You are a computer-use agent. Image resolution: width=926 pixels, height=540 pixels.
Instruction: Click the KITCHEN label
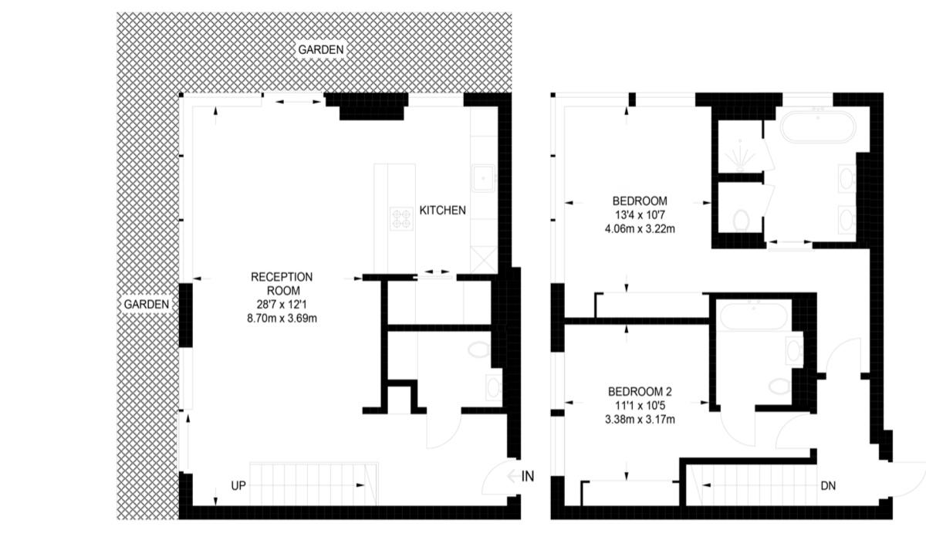pos(442,211)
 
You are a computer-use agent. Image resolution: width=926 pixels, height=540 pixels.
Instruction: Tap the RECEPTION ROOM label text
pos(282,283)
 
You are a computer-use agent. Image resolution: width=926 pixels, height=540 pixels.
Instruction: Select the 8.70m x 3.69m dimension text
pos(282,318)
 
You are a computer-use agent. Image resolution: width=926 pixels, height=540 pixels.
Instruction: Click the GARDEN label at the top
pos(321,49)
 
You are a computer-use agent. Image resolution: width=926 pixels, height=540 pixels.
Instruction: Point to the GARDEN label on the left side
pos(147,304)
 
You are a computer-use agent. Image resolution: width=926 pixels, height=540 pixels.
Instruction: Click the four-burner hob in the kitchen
pos(401,218)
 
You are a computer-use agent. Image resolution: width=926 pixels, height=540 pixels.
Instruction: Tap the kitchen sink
pos(483,178)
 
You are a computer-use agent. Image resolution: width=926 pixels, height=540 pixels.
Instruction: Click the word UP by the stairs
pos(238,486)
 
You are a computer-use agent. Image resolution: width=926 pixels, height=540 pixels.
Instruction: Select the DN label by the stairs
pos(828,486)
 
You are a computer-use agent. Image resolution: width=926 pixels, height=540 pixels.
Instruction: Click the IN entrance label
pos(528,477)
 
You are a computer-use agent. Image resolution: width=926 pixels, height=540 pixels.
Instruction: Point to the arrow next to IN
pos(513,477)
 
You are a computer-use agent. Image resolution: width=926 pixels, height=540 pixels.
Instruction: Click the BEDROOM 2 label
pos(640,391)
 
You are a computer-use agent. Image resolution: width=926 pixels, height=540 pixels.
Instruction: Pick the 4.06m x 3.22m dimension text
pos(640,228)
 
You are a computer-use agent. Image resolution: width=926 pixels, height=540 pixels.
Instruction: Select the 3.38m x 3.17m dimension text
pos(640,420)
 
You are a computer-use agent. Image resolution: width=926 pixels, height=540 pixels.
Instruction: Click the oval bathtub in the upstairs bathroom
pos(818,127)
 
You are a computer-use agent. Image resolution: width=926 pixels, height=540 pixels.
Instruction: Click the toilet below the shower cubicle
pos(742,221)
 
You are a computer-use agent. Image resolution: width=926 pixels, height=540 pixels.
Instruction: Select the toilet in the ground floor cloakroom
pos(479,349)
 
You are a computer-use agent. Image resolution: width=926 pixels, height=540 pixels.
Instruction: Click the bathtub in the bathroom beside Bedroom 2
pos(754,316)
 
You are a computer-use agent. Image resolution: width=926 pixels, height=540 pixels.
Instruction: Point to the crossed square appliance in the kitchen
pos(484,259)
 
